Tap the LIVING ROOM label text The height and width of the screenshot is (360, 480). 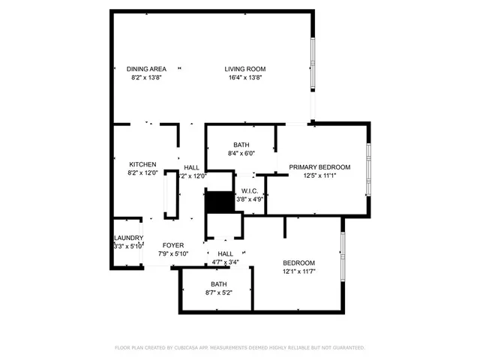click(x=245, y=69)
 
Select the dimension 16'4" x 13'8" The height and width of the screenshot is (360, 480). click(x=245, y=77)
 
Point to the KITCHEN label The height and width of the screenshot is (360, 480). click(x=142, y=164)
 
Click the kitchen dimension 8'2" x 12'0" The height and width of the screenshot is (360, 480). click(x=142, y=172)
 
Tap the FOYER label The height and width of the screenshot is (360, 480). click(x=174, y=245)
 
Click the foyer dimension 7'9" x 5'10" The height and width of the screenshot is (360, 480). click(x=174, y=253)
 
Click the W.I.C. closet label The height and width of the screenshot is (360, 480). click(x=250, y=190)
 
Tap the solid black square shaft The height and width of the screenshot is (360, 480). click(x=219, y=202)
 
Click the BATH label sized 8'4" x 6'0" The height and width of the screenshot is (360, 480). click(x=241, y=145)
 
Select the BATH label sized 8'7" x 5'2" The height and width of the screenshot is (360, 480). click(x=218, y=284)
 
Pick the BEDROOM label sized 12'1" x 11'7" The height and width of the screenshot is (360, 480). click(x=298, y=262)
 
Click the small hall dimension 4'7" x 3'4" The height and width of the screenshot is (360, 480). click(x=225, y=262)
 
